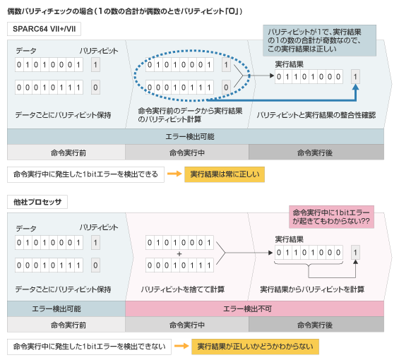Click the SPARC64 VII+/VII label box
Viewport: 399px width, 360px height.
tap(44, 29)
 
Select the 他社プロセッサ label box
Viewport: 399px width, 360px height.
tap(37, 202)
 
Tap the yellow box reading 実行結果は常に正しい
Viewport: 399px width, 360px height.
tap(225, 174)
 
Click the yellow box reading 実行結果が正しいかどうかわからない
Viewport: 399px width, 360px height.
tap(255, 347)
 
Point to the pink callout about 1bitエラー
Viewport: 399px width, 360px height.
tap(331, 217)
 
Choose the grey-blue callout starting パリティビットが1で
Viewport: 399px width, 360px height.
tap(319, 40)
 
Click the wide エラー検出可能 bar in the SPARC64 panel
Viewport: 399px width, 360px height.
tap(196, 137)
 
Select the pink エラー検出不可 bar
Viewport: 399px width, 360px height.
tap(254, 309)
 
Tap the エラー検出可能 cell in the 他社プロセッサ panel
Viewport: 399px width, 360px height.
tap(66, 309)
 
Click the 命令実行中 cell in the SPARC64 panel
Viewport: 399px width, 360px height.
tap(187, 152)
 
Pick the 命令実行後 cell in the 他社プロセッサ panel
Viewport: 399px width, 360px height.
tap(316, 325)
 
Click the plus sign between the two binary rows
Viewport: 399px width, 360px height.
tap(179, 254)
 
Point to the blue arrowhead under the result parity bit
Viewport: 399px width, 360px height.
tap(356, 87)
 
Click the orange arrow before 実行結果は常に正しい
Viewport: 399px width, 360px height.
tap(174, 174)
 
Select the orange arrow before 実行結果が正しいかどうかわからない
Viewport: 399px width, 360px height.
tap(181, 346)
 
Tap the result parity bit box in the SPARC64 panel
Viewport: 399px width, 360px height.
tap(355, 76)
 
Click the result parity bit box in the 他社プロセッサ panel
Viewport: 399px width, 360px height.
tap(355, 253)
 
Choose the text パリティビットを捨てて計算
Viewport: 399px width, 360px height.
tap(183, 289)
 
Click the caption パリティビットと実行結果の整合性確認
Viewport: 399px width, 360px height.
tap(316, 115)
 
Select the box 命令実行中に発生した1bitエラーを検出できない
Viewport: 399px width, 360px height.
tap(89, 347)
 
